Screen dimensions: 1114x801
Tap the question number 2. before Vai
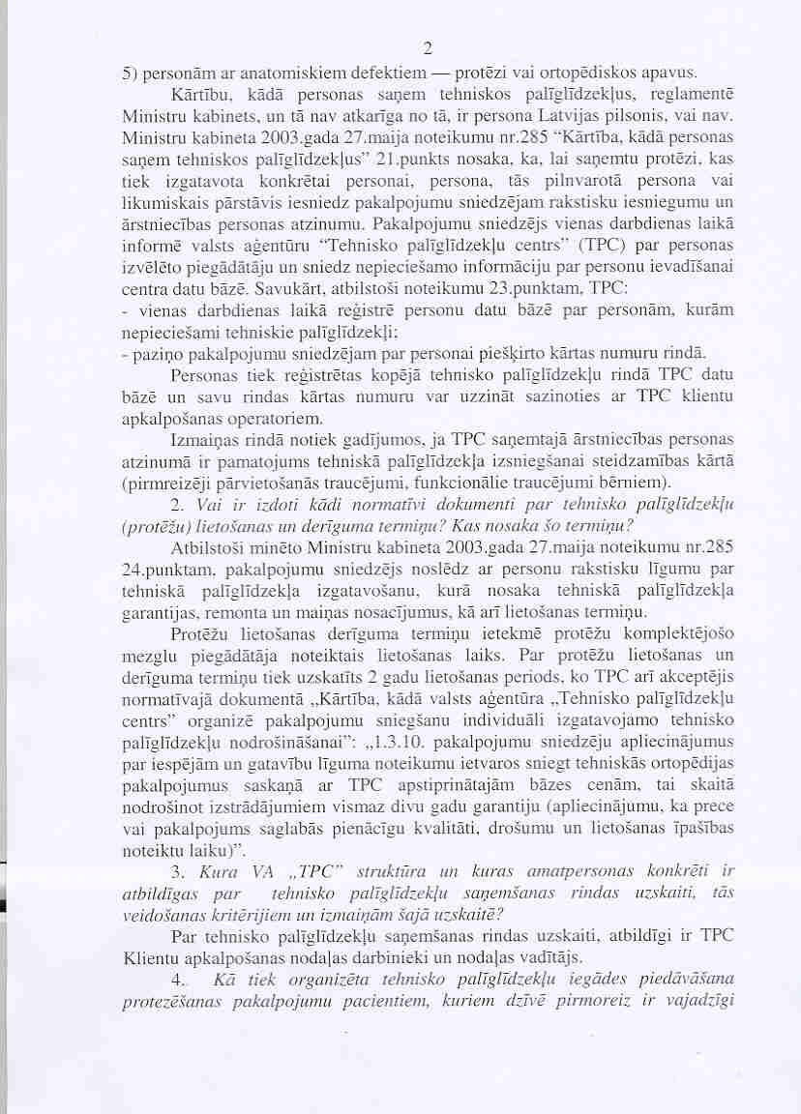click(x=177, y=505)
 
